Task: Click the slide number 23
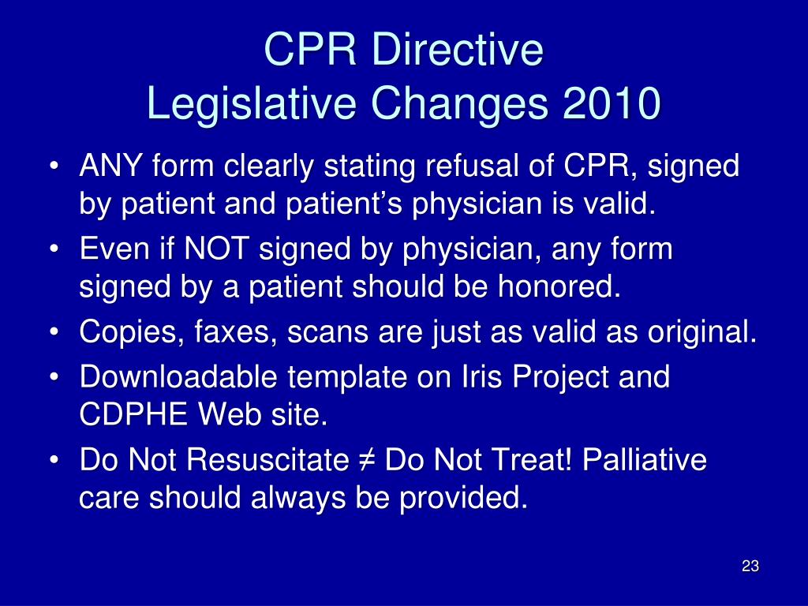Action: coord(750,567)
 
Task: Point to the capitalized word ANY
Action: coord(110,166)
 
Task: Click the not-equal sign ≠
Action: coord(368,461)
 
